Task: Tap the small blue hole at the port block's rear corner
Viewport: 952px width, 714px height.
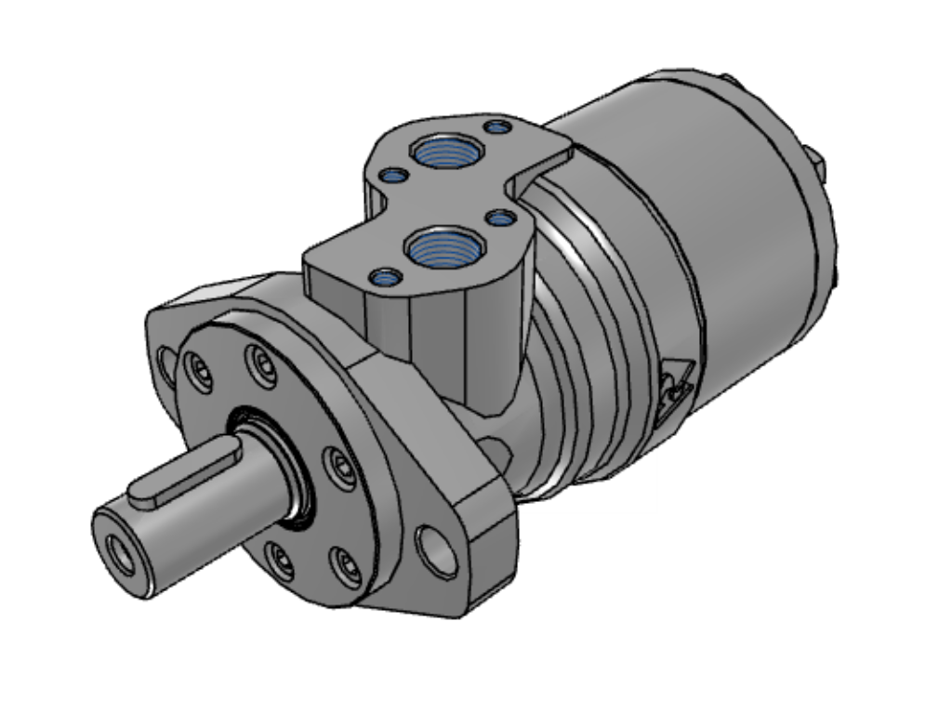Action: [498, 126]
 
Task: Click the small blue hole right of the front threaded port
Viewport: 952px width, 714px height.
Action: [501, 218]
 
